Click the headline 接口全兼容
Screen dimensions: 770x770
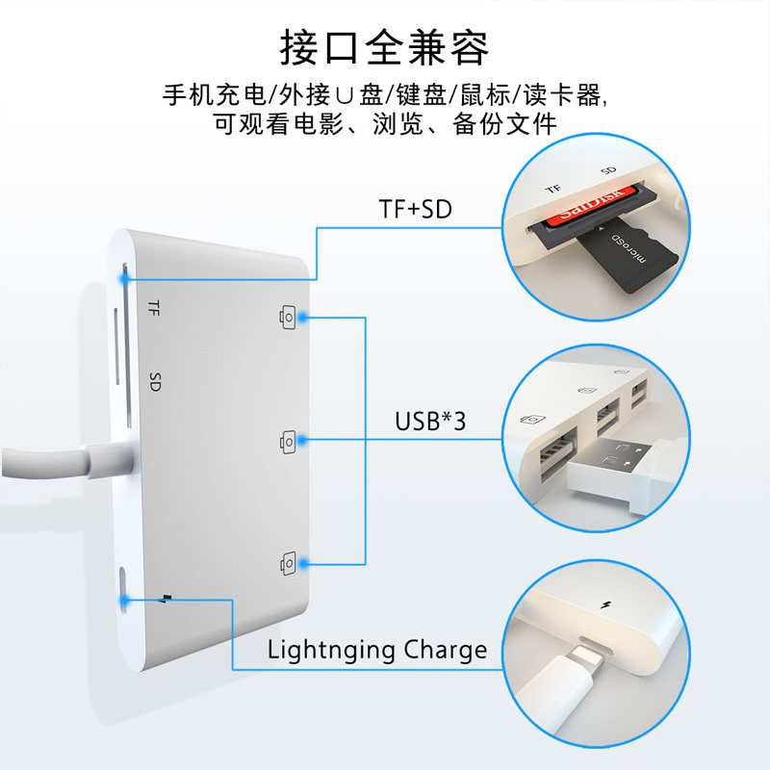tap(384, 47)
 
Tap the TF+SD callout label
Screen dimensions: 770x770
tap(416, 209)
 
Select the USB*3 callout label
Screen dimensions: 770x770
tap(430, 422)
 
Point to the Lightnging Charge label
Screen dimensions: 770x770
tap(377, 651)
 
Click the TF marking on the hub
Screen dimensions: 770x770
tap(154, 308)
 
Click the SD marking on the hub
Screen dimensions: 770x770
tap(155, 381)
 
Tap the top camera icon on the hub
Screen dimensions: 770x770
tap(288, 318)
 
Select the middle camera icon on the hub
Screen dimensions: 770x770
tap(288, 442)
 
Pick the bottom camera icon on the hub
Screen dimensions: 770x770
tap(288, 563)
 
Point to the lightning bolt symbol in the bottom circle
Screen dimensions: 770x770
tap(606, 604)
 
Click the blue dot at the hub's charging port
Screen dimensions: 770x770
tap(125, 600)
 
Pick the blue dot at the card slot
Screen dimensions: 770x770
tap(125, 278)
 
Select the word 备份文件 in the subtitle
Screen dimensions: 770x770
tap(504, 124)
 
